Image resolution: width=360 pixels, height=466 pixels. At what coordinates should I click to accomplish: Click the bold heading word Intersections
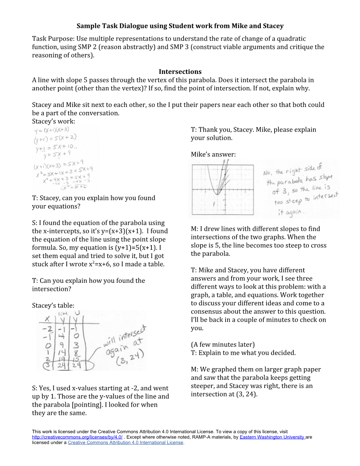180,72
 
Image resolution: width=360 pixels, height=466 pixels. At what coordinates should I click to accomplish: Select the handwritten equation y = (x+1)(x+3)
52,130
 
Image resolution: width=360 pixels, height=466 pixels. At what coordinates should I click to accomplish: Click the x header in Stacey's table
47,319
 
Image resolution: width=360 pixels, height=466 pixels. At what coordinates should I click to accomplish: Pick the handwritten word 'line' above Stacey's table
63,313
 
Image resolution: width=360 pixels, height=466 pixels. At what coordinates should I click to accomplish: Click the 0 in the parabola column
76,336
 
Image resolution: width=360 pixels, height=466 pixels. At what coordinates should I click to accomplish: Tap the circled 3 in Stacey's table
47,365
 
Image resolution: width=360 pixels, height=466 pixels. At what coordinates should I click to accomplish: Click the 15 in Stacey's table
76,359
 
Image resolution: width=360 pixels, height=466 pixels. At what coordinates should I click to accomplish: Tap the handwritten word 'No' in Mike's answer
267,173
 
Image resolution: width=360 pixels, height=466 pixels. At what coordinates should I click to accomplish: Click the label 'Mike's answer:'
213,154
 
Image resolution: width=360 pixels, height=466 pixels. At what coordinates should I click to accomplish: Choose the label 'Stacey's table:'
53,305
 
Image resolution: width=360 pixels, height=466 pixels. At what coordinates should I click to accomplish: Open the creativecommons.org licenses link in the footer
77,437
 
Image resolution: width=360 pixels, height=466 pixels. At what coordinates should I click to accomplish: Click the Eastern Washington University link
272,437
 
